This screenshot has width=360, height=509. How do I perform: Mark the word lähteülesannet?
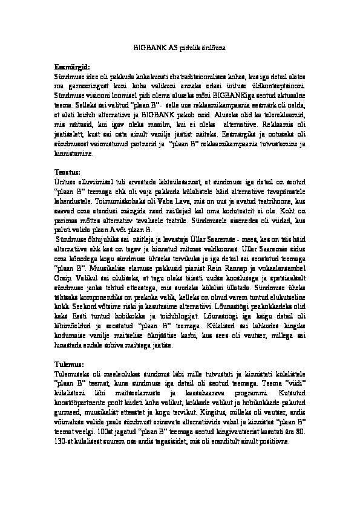coord(182,181)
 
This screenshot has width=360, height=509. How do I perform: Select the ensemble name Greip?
coord(62,274)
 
